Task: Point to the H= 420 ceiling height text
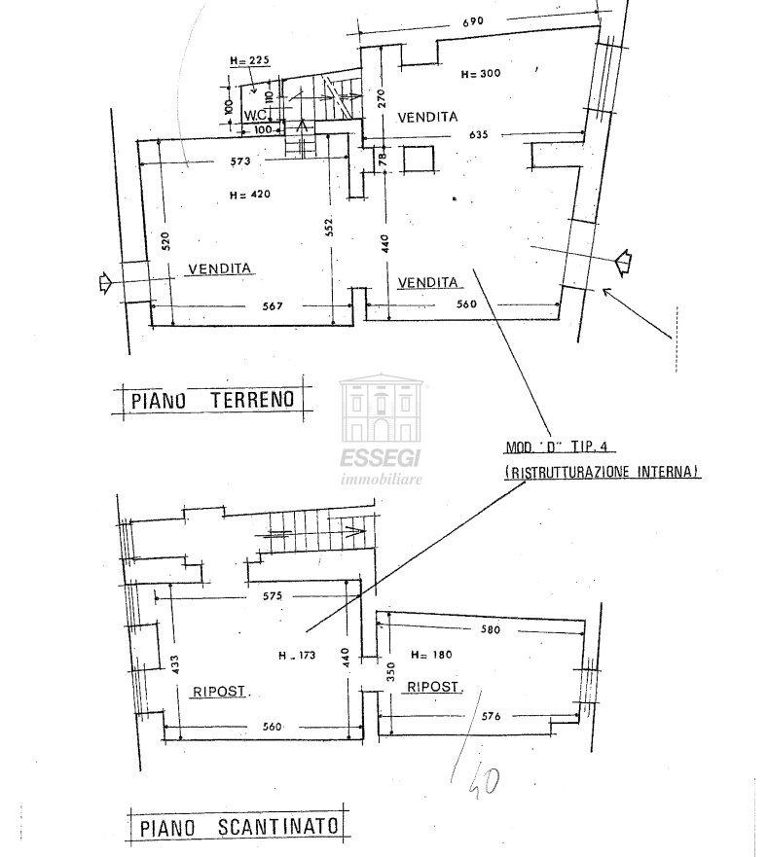coord(250,195)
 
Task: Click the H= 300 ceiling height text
coord(482,73)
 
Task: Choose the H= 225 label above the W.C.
coord(249,60)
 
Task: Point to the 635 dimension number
coord(479,134)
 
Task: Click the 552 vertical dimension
coord(330,227)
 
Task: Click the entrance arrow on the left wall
coord(103,284)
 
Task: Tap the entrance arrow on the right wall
coord(622,261)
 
